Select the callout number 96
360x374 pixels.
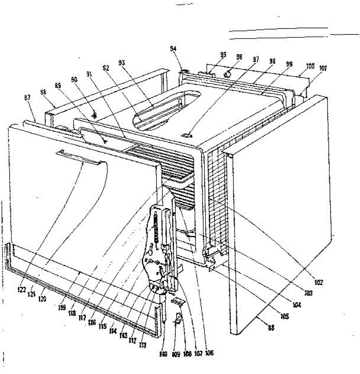coord(239,57)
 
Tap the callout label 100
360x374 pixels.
coord(310,66)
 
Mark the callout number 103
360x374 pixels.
coord(309,293)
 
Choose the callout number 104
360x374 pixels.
coord(297,305)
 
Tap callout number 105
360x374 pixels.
coord(284,317)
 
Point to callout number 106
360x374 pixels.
coord(210,353)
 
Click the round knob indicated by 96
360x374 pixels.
coord(228,74)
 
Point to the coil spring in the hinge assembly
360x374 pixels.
coord(157,229)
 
